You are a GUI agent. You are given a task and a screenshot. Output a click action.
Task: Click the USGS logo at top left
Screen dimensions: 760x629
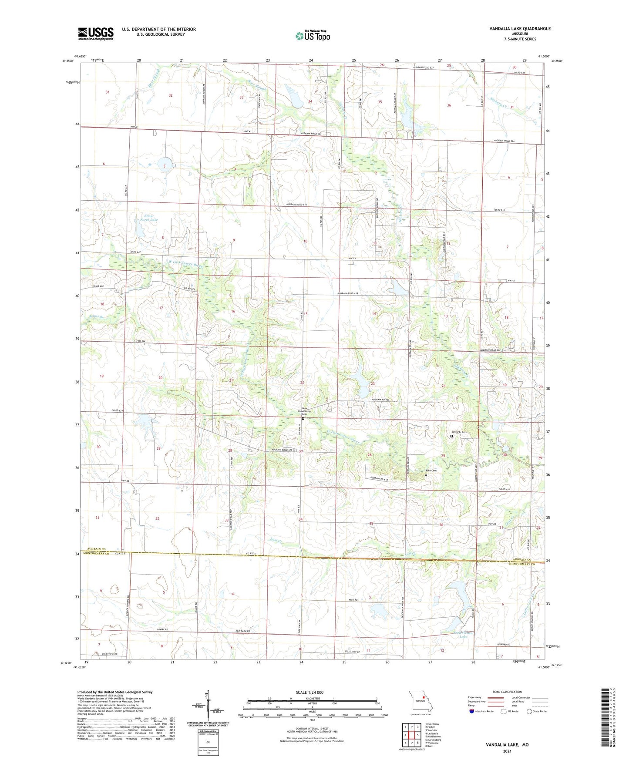96,33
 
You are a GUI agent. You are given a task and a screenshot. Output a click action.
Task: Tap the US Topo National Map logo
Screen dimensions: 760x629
312,35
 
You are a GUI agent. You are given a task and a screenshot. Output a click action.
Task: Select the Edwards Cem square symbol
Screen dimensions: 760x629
451,436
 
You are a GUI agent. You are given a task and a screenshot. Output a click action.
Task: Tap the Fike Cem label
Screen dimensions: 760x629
431,471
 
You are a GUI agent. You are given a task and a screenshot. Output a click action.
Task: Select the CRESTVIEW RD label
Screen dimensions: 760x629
110,654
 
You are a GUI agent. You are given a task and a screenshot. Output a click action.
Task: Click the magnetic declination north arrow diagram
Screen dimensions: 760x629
209,706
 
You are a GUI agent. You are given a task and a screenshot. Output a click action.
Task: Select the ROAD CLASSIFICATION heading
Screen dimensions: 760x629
507,692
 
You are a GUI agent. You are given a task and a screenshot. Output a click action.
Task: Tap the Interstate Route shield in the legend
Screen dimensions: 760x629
471,711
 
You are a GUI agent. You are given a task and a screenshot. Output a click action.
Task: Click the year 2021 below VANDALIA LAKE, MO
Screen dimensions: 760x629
507,751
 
